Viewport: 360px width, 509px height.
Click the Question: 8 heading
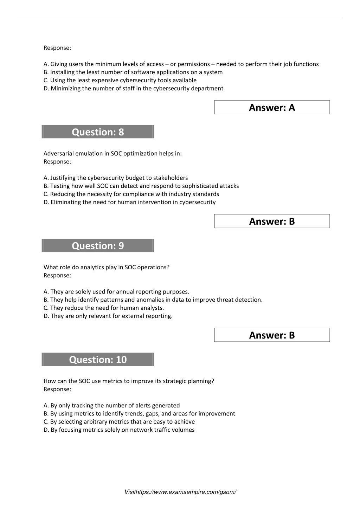coord(98,132)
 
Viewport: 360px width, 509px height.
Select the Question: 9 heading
coord(98,246)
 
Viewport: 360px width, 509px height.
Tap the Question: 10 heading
coord(98,360)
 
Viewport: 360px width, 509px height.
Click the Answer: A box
coord(272,108)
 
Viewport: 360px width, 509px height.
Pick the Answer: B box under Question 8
coord(272,221)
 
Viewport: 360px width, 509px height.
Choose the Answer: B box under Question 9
coord(272,335)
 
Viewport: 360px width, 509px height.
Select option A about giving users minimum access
coord(181,64)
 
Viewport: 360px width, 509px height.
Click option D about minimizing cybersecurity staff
coord(133,88)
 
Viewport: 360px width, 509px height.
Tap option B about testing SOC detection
coord(141,186)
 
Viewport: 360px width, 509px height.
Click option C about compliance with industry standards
coord(131,194)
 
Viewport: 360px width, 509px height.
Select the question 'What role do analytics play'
coord(106,267)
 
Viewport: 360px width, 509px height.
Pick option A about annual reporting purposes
coord(116,291)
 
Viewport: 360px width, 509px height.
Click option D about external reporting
coord(108,316)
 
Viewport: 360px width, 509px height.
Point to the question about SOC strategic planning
coord(129,381)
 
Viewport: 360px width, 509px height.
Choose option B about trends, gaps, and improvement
coord(139,413)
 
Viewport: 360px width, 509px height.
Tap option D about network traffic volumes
coord(119,430)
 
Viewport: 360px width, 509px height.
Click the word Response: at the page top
coord(57,48)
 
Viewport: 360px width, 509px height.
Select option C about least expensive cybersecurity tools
coord(120,80)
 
